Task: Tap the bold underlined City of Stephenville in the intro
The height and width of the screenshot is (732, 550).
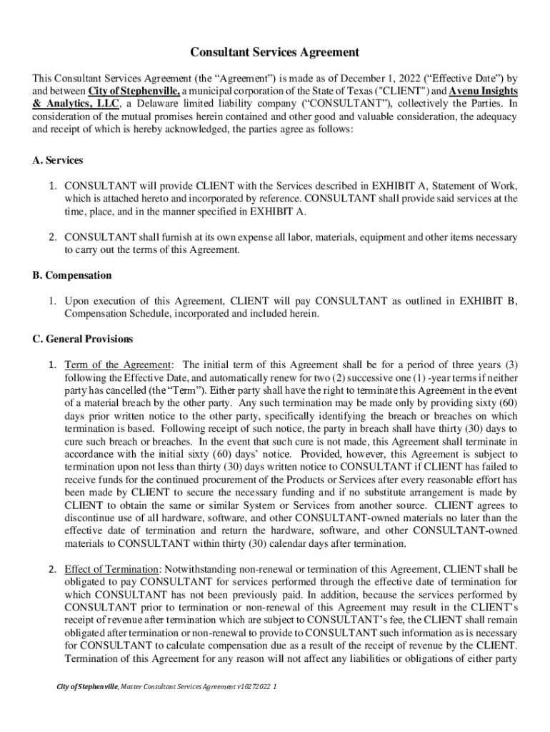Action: pyautogui.click(x=134, y=91)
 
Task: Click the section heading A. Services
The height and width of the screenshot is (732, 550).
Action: pyautogui.click(x=58, y=160)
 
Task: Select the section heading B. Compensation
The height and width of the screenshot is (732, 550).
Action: pyautogui.click(x=72, y=275)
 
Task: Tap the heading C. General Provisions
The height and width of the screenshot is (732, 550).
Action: pyautogui.click(x=83, y=339)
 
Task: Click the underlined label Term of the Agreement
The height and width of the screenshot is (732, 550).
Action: pyautogui.click(x=119, y=365)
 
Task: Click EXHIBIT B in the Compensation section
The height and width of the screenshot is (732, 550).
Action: pyautogui.click(x=492, y=301)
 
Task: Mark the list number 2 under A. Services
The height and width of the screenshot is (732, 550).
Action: pyautogui.click(x=53, y=237)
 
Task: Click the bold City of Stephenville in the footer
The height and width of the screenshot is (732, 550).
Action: pyautogui.click(x=88, y=688)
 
